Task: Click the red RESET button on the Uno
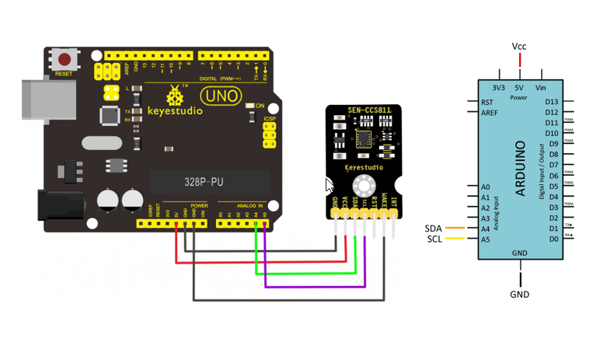(x=64, y=59)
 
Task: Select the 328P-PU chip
(x=209, y=181)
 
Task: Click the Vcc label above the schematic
(x=519, y=47)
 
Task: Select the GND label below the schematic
(x=519, y=295)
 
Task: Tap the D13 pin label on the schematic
(x=552, y=102)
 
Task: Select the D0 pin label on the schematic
(x=553, y=239)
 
